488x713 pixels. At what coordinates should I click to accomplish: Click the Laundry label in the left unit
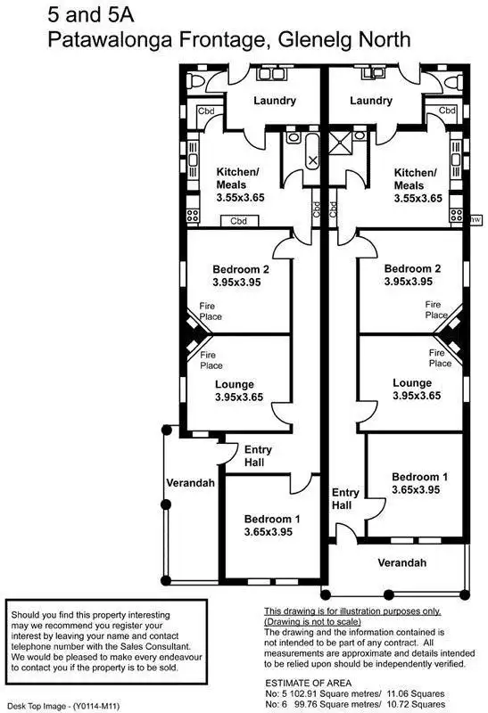point(274,101)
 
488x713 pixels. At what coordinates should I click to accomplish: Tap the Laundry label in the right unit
point(371,101)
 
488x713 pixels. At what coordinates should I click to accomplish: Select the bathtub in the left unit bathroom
point(312,158)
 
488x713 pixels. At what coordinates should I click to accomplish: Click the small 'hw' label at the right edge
point(476,218)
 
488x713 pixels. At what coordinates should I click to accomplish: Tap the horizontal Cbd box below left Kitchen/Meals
point(238,220)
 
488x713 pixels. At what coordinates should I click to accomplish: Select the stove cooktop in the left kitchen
point(193,214)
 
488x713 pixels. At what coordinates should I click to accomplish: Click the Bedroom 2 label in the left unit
point(240,269)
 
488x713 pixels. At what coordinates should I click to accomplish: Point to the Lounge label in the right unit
point(412,383)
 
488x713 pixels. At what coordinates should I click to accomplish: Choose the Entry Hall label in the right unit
point(344,499)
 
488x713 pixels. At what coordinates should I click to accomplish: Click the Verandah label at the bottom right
point(401,562)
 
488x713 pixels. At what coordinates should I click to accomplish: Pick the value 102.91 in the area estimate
point(310,693)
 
